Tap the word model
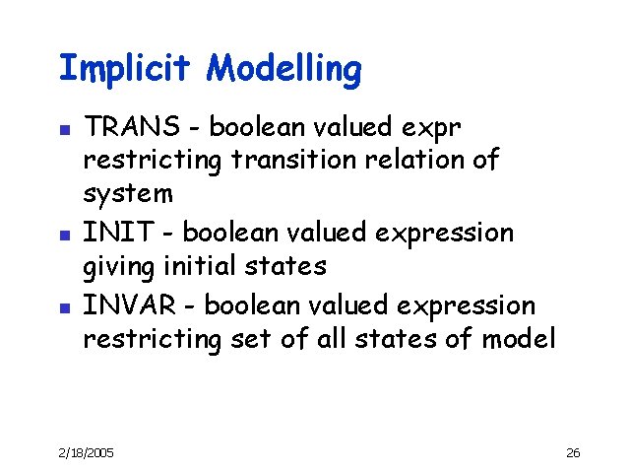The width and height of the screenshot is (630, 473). (x=519, y=339)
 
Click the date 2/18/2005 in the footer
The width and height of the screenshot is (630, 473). (x=86, y=452)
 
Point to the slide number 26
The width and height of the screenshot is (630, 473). (x=574, y=452)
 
